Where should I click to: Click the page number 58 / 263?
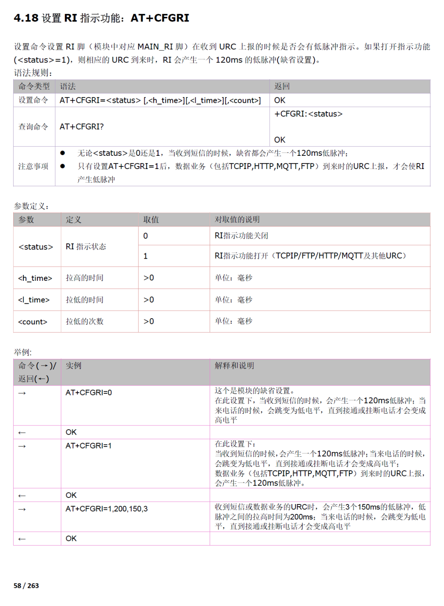click(x=26, y=585)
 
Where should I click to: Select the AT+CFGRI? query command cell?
click(x=81, y=127)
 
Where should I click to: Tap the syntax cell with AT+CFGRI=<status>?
click(x=160, y=100)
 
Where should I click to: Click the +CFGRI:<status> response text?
click(x=308, y=114)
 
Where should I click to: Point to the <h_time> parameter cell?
click(x=35, y=278)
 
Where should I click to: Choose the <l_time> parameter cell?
click(x=34, y=300)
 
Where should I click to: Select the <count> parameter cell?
click(x=33, y=322)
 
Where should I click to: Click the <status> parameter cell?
click(x=36, y=247)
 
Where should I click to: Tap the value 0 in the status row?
click(x=146, y=236)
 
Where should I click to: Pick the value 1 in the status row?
click(x=146, y=256)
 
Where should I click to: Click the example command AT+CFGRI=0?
click(x=88, y=393)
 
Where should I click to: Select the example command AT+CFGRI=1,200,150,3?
click(x=106, y=509)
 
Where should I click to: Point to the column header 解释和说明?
click(x=234, y=365)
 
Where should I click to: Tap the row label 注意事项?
click(x=33, y=167)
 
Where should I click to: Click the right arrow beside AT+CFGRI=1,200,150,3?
click(x=22, y=509)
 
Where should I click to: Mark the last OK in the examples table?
click(x=71, y=539)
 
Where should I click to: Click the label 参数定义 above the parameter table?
click(x=31, y=206)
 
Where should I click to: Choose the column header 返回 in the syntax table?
click(x=282, y=86)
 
